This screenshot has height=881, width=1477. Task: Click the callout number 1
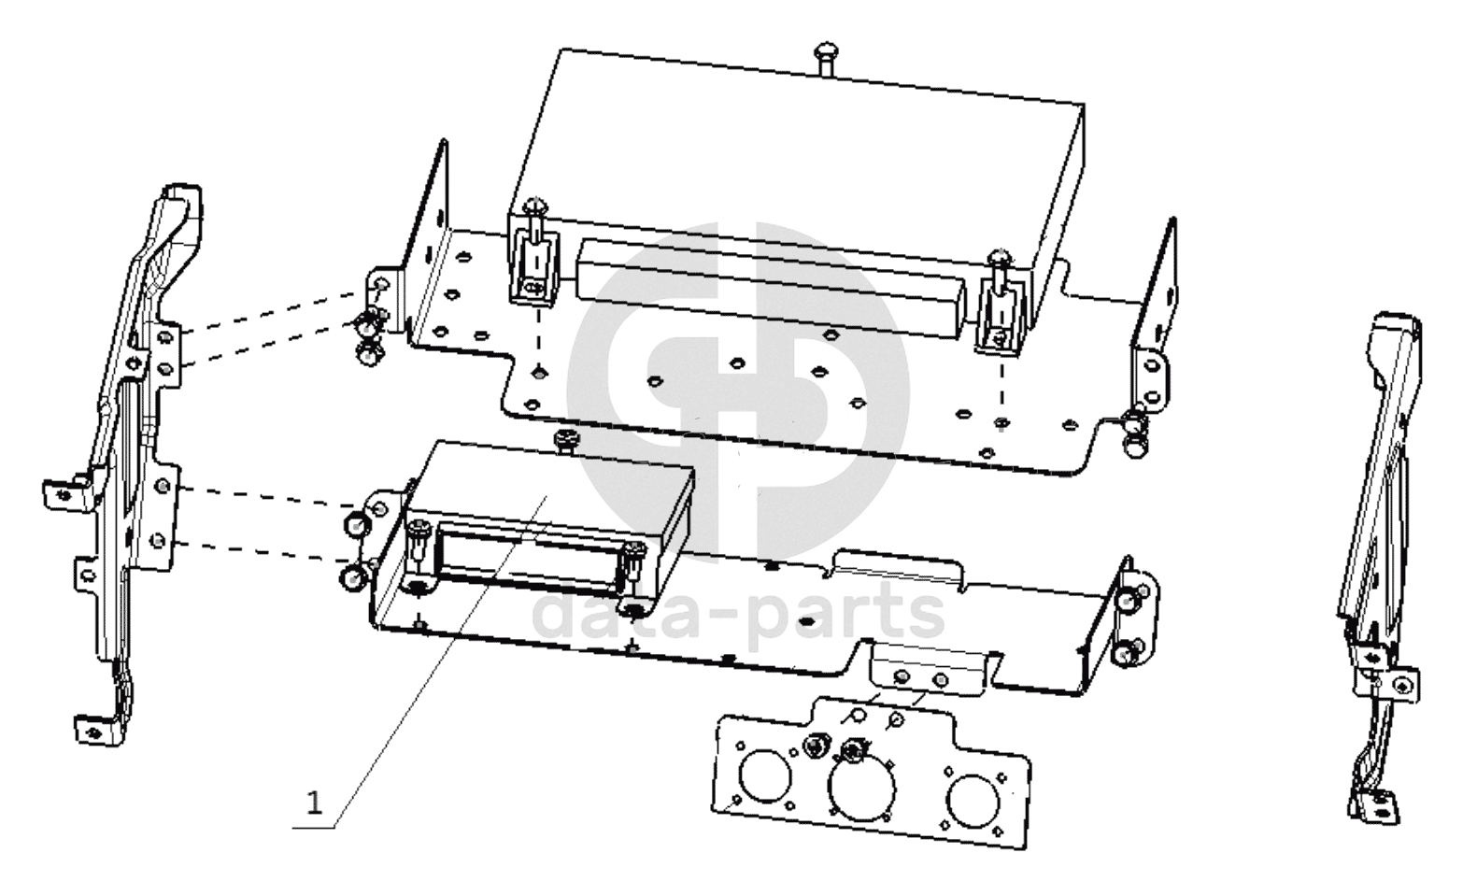315,803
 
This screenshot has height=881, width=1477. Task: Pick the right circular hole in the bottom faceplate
973,802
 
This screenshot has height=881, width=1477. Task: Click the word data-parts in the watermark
738,612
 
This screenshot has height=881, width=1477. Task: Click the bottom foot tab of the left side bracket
97,731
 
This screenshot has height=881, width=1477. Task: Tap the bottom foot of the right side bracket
1375,808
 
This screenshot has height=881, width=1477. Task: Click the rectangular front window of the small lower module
528,555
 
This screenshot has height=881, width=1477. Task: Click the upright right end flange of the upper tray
1156,284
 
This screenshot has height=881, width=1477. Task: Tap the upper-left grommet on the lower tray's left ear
356,525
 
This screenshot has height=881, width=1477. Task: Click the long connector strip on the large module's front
770,291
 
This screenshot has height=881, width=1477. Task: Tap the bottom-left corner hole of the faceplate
737,801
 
